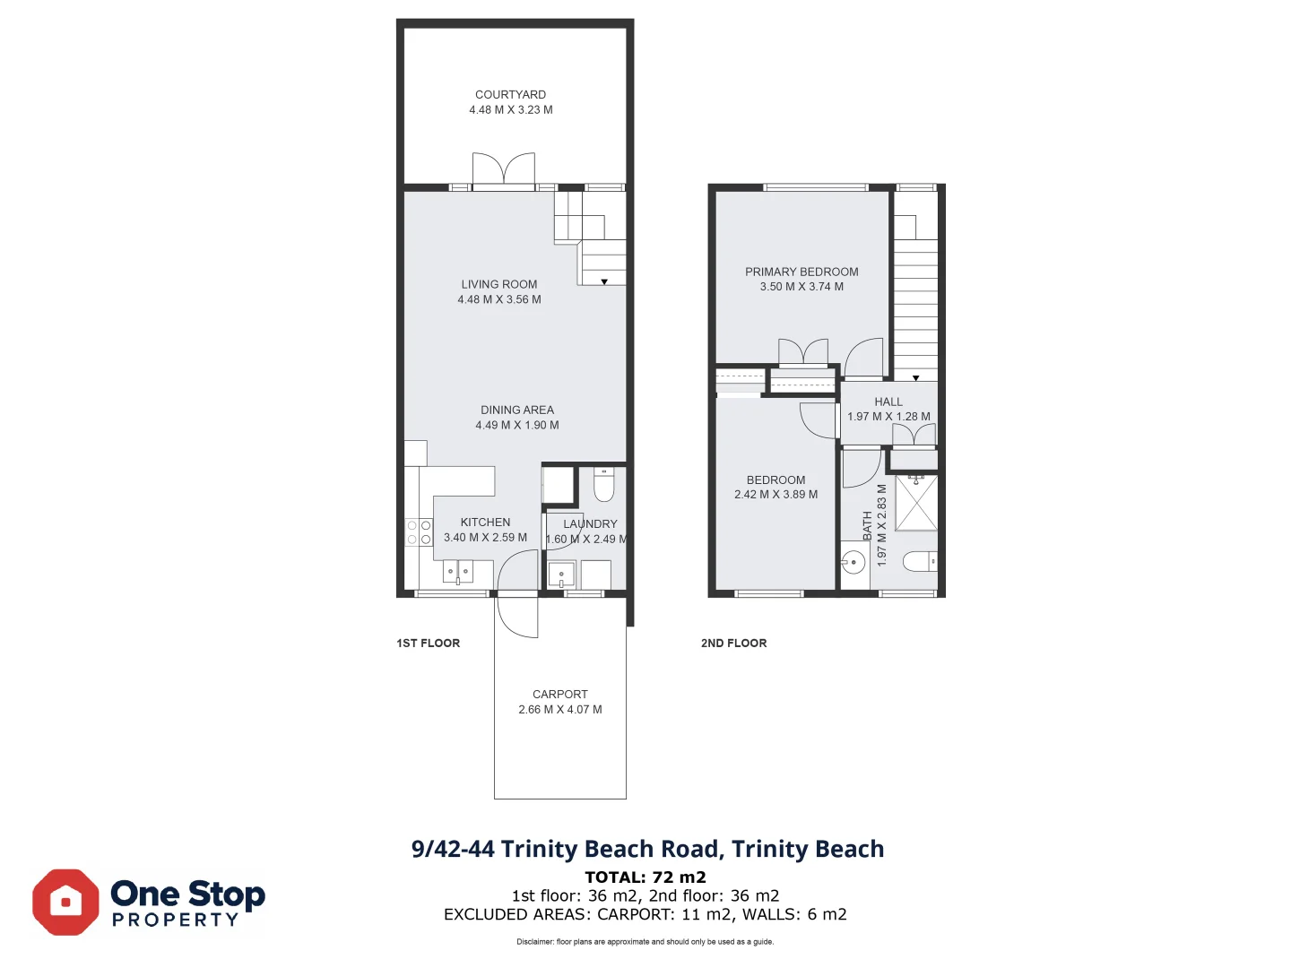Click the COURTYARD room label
[x=510, y=94]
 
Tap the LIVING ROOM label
[x=499, y=284]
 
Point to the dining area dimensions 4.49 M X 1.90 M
[x=517, y=425]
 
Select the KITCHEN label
[x=485, y=522]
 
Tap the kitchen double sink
[x=457, y=570]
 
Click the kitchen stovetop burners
[x=419, y=532]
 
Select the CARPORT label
[x=560, y=694]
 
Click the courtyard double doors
[x=504, y=170]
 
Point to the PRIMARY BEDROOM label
[x=801, y=272]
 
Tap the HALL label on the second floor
[x=888, y=402]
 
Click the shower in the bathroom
[x=916, y=504]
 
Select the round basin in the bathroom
[x=853, y=563]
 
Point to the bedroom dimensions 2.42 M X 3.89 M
[x=775, y=494]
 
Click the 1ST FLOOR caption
[x=429, y=643]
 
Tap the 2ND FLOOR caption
[x=733, y=643]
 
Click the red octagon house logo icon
[x=65, y=902]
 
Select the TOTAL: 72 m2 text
[x=645, y=877]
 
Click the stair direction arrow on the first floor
[x=604, y=281]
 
